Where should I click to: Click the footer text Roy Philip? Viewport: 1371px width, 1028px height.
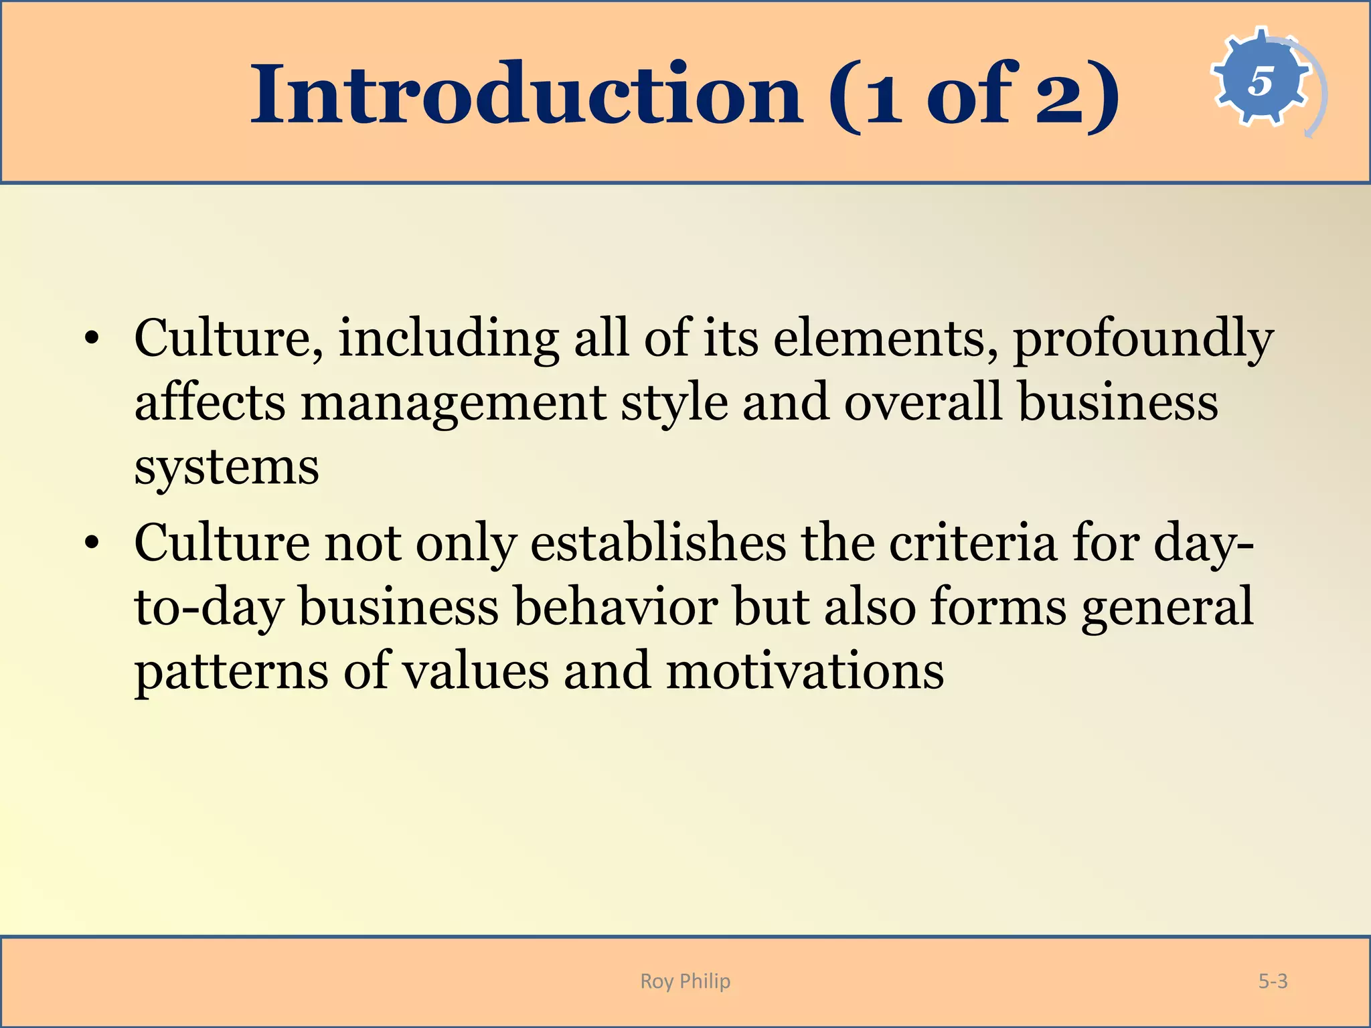685,981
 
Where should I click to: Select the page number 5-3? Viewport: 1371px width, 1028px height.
1273,981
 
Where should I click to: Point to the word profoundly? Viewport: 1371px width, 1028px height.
1143,339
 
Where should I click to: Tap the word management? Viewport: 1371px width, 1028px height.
453,403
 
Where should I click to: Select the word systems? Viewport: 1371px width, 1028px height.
226,467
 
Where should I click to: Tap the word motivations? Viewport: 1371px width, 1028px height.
805,671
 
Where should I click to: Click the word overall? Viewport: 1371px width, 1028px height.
923,403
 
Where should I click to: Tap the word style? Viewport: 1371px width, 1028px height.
674,403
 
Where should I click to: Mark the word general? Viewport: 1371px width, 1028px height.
1167,606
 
